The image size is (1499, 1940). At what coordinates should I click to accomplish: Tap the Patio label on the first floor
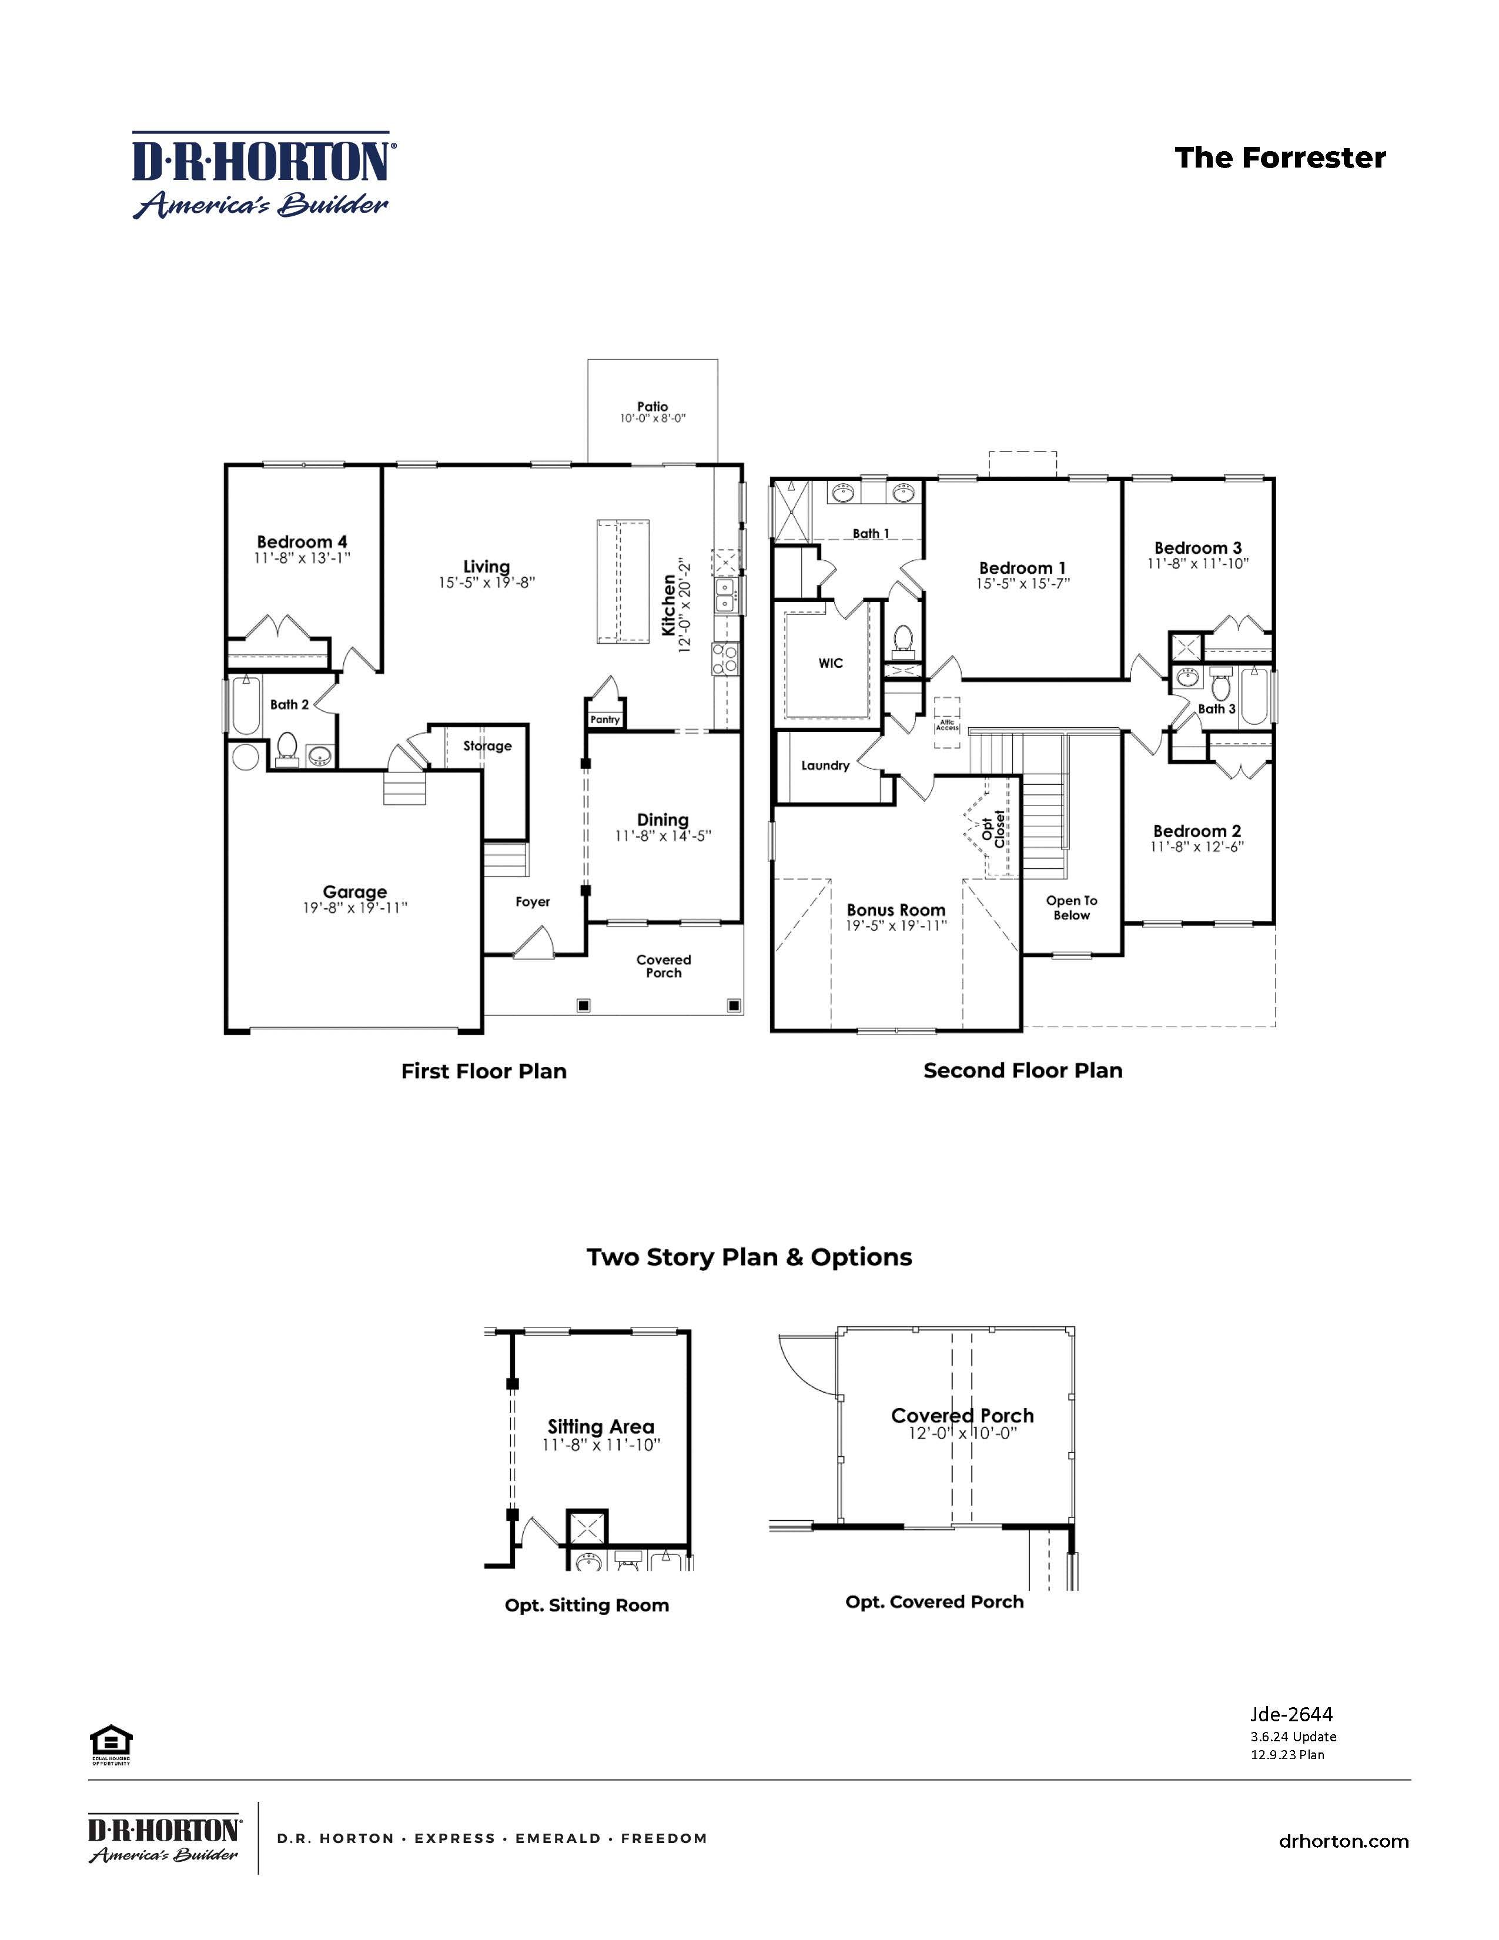click(x=653, y=406)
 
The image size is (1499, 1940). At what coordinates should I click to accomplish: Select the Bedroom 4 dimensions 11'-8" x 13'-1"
click(x=302, y=558)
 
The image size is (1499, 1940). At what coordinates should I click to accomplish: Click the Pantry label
click(x=605, y=720)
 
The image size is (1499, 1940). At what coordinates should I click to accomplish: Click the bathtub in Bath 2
click(x=245, y=705)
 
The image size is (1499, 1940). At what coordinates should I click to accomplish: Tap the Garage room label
click(x=354, y=891)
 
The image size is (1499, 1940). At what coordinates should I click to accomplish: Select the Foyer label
click(x=533, y=902)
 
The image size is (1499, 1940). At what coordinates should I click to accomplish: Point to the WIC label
click(x=830, y=663)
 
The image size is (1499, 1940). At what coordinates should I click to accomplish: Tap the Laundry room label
click(x=825, y=765)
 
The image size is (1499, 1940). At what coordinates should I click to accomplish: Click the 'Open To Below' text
click(x=1071, y=908)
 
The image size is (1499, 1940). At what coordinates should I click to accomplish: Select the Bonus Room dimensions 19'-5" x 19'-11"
click(x=896, y=925)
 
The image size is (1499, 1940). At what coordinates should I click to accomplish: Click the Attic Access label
click(x=946, y=725)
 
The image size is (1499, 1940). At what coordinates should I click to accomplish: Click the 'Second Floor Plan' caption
click(x=1022, y=1071)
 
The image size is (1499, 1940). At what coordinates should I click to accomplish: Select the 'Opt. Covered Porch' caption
click(x=934, y=1601)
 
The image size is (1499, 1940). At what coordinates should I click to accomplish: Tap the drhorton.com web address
click(x=1344, y=1841)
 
